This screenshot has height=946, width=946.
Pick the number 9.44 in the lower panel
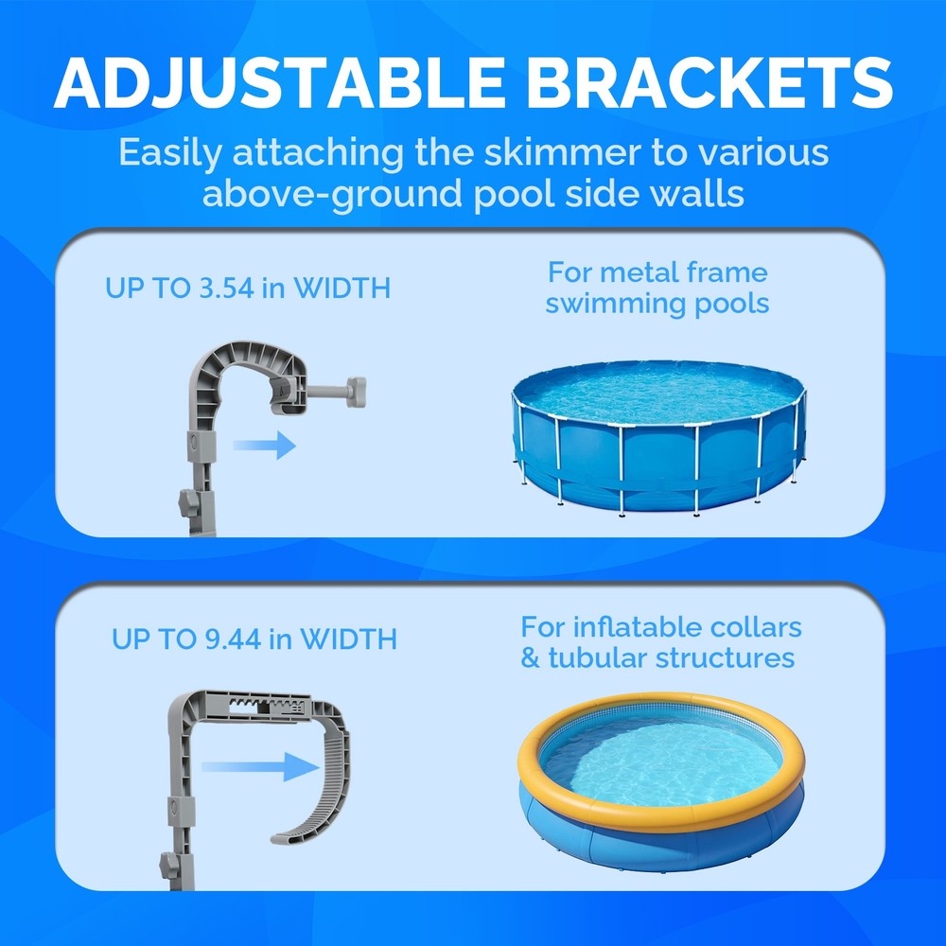point(231,639)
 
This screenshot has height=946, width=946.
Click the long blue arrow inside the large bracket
point(257,766)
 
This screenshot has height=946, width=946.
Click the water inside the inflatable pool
point(662,757)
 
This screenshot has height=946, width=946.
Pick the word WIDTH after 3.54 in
point(342,288)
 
